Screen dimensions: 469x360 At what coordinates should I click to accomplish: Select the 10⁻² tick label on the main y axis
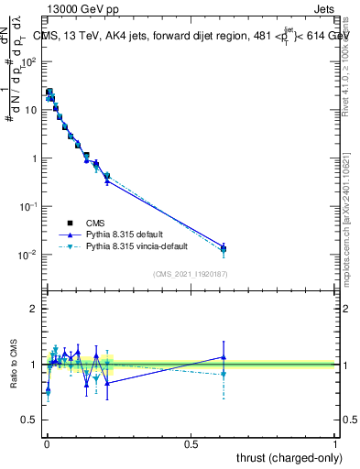tap(30, 255)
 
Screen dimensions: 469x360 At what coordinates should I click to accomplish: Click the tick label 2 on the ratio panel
tap(34, 310)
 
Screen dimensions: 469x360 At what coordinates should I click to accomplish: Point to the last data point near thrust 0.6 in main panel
tap(224, 248)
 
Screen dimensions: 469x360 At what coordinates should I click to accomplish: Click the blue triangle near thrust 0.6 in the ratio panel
tap(224, 357)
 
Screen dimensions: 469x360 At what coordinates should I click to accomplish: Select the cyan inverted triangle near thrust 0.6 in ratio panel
tap(224, 374)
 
